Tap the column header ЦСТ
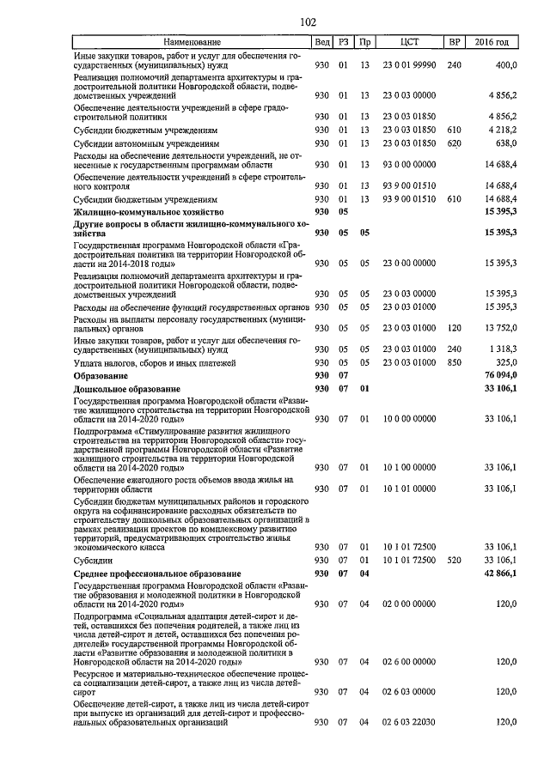click(410, 42)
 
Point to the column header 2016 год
click(498, 42)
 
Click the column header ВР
click(455, 42)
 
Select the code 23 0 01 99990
click(410, 65)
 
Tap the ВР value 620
click(455, 144)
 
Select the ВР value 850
click(455, 363)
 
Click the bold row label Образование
click(99, 376)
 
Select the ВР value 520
click(455, 560)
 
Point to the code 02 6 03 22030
click(410, 724)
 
